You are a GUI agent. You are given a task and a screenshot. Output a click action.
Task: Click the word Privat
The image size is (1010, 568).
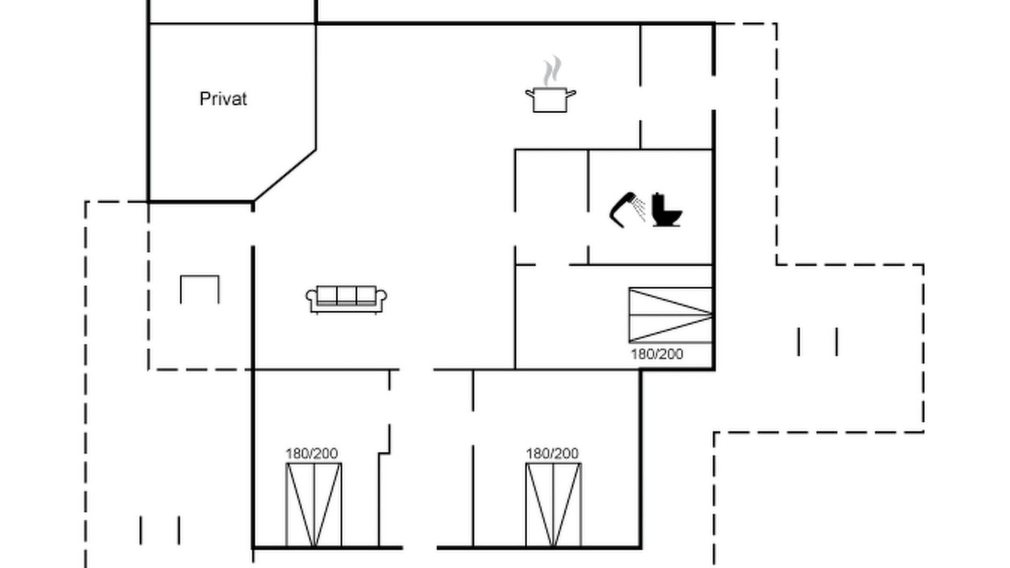(223, 99)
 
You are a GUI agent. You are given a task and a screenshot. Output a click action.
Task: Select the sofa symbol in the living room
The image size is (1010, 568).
(346, 299)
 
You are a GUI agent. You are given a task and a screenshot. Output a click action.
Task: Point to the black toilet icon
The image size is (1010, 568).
(667, 210)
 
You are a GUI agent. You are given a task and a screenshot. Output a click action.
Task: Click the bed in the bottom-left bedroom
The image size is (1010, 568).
(314, 505)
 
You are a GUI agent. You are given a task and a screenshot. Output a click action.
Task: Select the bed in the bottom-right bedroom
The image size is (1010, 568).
(554, 505)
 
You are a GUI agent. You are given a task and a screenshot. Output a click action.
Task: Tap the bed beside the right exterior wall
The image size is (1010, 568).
(671, 315)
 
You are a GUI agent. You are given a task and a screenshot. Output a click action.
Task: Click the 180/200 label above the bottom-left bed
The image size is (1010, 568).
(312, 454)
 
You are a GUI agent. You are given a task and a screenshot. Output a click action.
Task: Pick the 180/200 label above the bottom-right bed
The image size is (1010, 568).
(552, 454)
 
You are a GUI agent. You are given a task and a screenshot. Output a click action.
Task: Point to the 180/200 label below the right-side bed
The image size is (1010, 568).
(657, 354)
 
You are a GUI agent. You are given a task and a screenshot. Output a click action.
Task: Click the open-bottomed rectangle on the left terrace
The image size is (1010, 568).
(200, 276)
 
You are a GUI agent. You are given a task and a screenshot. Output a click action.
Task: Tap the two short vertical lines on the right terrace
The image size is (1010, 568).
(817, 342)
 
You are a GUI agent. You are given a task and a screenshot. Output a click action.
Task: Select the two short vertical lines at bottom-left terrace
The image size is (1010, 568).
(159, 530)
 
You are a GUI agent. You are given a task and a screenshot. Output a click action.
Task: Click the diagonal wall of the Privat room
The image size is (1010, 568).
(285, 175)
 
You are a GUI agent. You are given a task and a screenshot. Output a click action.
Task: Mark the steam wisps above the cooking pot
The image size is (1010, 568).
(552, 71)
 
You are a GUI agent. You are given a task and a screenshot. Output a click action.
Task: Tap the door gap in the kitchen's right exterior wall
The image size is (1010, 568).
(714, 93)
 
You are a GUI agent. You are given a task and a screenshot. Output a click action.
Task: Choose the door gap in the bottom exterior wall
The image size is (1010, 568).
(420, 547)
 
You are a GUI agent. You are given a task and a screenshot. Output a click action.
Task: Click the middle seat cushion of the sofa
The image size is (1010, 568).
(346, 295)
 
